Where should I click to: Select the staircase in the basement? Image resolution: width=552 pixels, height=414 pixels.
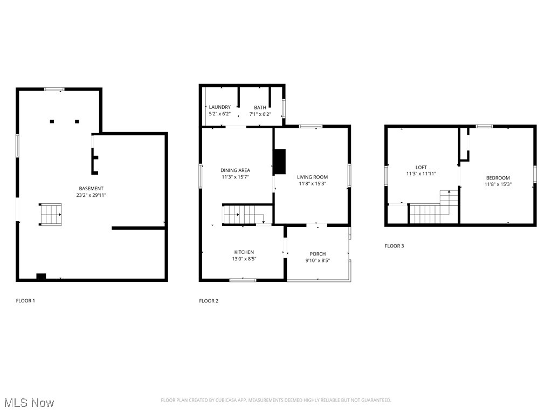click(x=50, y=214)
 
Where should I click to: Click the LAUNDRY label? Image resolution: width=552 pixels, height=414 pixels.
click(x=219, y=107)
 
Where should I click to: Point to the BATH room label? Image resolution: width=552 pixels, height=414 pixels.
click(x=260, y=107)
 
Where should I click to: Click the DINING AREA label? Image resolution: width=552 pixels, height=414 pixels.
click(x=234, y=170)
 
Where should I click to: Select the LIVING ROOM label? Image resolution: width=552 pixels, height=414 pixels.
click(x=312, y=177)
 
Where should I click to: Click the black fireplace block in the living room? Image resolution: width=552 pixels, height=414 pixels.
click(x=280, y=162)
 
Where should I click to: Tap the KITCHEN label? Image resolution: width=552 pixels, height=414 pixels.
click(x=244, y=252)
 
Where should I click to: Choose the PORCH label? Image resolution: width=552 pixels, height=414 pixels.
click(x=318, y=254)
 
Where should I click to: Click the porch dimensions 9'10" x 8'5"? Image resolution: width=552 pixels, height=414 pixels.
click(x=318, y=261)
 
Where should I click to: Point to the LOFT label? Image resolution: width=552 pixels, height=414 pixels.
click(x=421, y=167)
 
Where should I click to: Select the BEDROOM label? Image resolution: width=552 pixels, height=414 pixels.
click(x=498, y=177)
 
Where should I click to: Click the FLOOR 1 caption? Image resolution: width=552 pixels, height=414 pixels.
click(x=25, y=300)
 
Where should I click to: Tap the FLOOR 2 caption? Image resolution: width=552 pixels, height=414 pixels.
click(x=209, y=301)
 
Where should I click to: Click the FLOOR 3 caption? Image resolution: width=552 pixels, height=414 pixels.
click(x=394, y=246)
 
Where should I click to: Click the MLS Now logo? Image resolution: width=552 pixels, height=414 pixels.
click(x=29, y=403)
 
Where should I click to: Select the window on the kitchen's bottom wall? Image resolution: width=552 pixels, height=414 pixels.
click(x=243, y=280)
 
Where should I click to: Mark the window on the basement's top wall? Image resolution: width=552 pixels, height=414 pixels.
click(x=54, y=89)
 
